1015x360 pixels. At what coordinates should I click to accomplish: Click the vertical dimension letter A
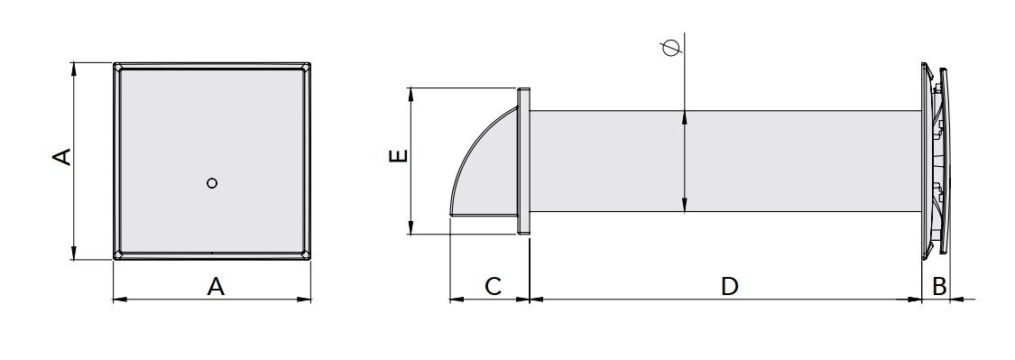point(62,157)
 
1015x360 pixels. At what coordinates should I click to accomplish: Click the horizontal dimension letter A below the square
point(216,285)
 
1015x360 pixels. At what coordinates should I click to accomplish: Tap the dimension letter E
point(399,156)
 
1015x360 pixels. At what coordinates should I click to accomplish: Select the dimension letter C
point(494,285)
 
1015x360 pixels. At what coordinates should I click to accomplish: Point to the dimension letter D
point(730,285)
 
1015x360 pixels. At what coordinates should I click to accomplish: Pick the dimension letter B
point(939,285)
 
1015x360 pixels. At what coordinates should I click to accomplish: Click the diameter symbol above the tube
point(671,48)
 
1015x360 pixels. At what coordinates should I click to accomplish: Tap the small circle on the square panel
point(212,183)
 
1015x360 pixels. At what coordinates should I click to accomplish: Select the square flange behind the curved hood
point(523,160)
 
